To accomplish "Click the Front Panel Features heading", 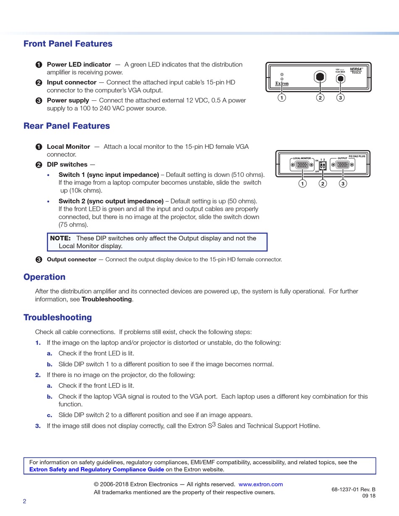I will [68, 44].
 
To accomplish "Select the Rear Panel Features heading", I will [66, 126].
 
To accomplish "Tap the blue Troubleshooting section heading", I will [58, 317].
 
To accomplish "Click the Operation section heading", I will [45, 277].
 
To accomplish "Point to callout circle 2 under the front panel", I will [320, 98].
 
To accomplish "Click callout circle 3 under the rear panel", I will [343, 184].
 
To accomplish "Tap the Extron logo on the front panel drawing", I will [282, 84].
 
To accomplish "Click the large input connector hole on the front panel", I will [320, 77].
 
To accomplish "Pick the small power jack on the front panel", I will [341, 79].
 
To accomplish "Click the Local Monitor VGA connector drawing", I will [302, 165].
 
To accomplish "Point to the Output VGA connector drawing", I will [343, 165].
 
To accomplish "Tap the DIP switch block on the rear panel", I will [323, 166].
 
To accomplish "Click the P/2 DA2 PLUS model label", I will [357, 156].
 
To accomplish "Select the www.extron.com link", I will [260, 484].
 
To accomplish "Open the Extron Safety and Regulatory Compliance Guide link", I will [97, 469].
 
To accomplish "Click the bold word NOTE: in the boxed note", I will [60, 238].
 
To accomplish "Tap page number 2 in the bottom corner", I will [24, 501].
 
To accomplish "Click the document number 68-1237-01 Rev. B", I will [353, 489].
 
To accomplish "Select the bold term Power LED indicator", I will [79, 65].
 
